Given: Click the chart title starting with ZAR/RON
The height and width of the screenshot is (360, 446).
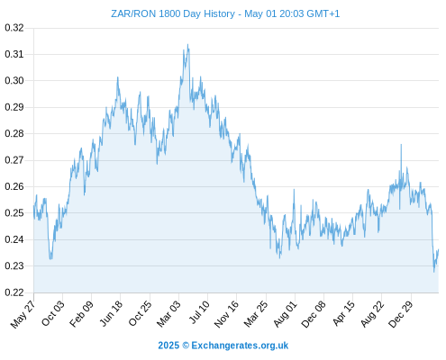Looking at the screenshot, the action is click(x=225, y=13).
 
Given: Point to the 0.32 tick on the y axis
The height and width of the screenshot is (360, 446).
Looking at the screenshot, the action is click(x=14, y=28).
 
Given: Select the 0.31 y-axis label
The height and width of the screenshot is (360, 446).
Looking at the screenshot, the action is click(x=14, y=54).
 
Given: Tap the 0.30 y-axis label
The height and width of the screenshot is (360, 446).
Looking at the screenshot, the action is click(x=14, y=80).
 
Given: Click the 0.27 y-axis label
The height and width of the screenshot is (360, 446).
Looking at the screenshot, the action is click(x=14, y=160).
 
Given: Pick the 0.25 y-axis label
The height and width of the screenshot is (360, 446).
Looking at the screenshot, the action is click(x=14, y=213).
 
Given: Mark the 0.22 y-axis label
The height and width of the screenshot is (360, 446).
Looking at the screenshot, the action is click(x=14, y=292).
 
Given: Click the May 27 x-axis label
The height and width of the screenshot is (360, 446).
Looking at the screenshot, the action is click(x=23, y=314).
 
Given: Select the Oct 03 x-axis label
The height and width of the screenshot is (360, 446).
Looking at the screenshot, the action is click(x=53, y=313).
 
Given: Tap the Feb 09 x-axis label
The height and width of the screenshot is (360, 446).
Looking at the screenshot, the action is click(x=81, y=314).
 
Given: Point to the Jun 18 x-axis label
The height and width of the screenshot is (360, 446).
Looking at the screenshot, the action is click(x=111, y=313).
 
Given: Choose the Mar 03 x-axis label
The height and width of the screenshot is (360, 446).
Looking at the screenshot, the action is click(x=168, y=314).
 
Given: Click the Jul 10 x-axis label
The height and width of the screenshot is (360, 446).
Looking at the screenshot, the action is click(x=199, y=312).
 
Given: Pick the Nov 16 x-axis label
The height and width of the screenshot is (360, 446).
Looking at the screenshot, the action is click(x=226, y=314).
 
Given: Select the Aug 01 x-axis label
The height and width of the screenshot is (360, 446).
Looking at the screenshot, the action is click(x=285, y=314).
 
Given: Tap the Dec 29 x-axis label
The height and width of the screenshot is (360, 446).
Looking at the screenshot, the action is click(x=401, y=314).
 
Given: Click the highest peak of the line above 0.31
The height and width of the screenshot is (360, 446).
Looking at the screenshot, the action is click(x=188, y=45).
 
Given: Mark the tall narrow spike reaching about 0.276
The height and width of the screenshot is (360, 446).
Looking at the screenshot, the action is click(x=401, y=145).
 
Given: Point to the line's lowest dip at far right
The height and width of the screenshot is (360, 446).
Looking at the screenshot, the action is click(x=434, y=272).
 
